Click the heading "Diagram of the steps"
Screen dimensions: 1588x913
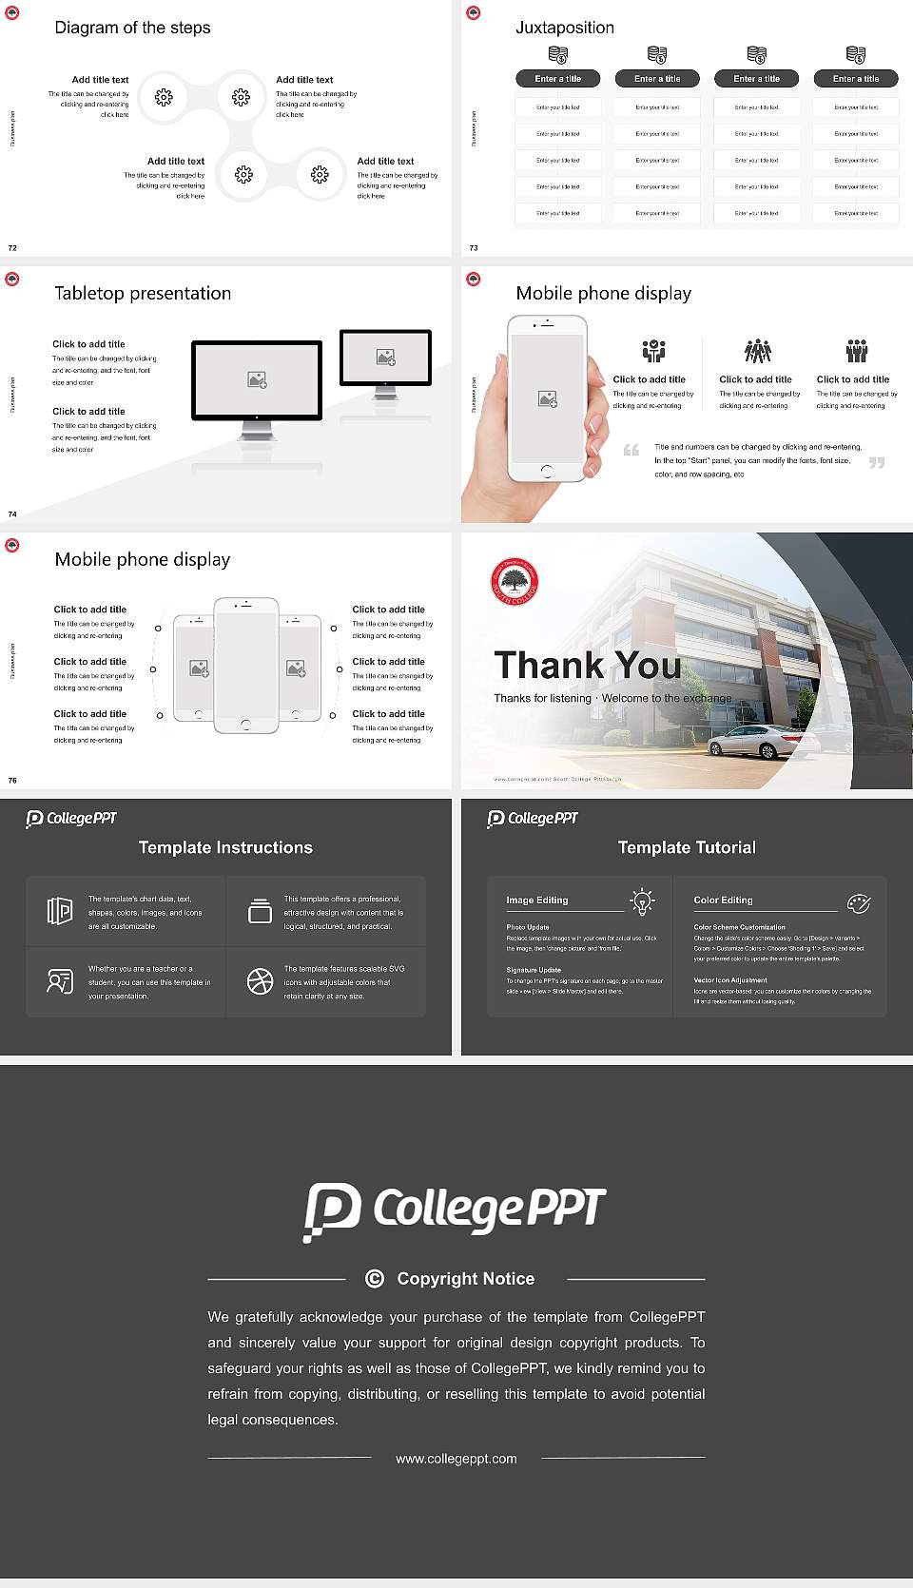132,28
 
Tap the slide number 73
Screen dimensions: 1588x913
474,248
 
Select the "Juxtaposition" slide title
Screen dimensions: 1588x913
564,28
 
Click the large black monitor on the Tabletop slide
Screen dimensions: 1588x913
257,380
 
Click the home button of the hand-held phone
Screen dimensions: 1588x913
547,471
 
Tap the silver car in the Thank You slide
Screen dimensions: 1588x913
750,740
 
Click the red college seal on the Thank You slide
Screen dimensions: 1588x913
515,582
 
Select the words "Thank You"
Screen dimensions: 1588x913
587,666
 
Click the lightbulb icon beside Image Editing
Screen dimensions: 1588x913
642,901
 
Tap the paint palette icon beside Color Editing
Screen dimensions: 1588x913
859,902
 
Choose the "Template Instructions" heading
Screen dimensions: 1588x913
225,847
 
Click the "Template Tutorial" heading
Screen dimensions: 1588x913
687,847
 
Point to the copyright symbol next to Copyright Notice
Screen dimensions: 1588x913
375,1279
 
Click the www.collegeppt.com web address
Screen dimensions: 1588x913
456,1459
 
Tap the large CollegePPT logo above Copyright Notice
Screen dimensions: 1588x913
455,1210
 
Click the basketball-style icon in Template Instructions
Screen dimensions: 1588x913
260,981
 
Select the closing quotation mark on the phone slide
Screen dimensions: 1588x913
877,462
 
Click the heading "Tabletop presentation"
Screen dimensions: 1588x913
143,293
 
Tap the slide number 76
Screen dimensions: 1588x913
12,781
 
